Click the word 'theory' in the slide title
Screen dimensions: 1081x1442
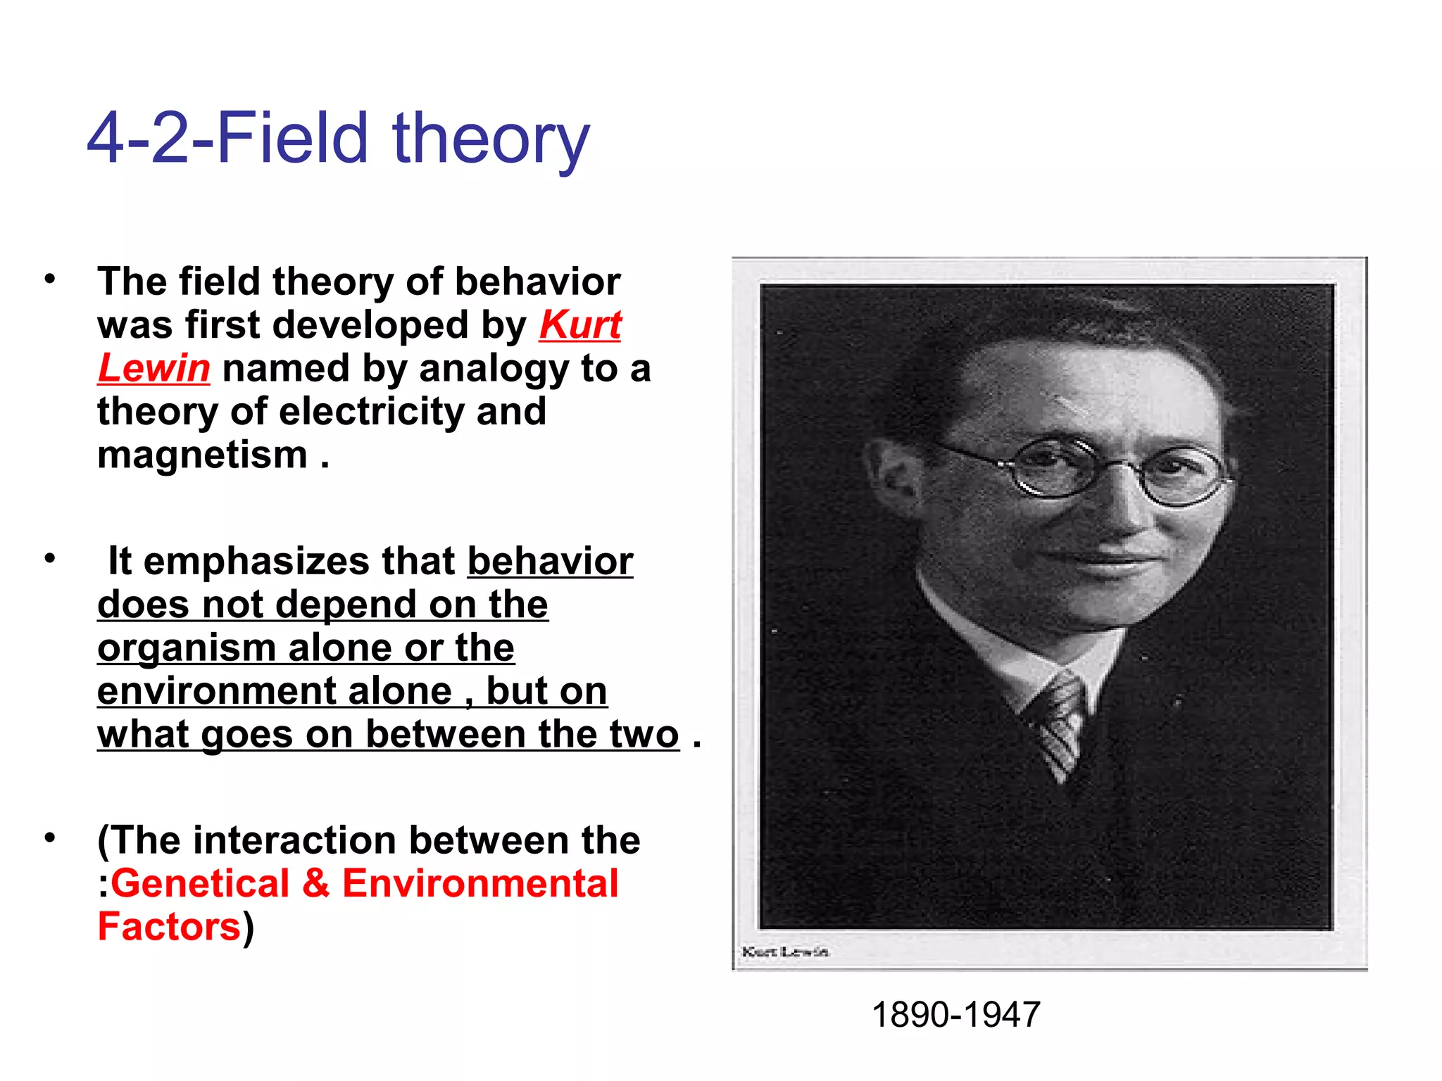[490, 139]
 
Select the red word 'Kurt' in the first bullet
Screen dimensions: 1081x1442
[580, 325]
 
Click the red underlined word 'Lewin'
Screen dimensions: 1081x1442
[153, 369]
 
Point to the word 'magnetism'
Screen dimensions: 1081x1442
[203, 455]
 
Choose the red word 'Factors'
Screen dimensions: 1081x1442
[169, 928]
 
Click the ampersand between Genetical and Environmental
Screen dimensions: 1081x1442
[316, 884]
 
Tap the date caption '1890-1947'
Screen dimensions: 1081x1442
[955, 1015]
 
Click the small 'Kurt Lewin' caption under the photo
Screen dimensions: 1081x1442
[785, 952]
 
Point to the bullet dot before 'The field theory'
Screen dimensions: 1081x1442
[49, 279]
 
